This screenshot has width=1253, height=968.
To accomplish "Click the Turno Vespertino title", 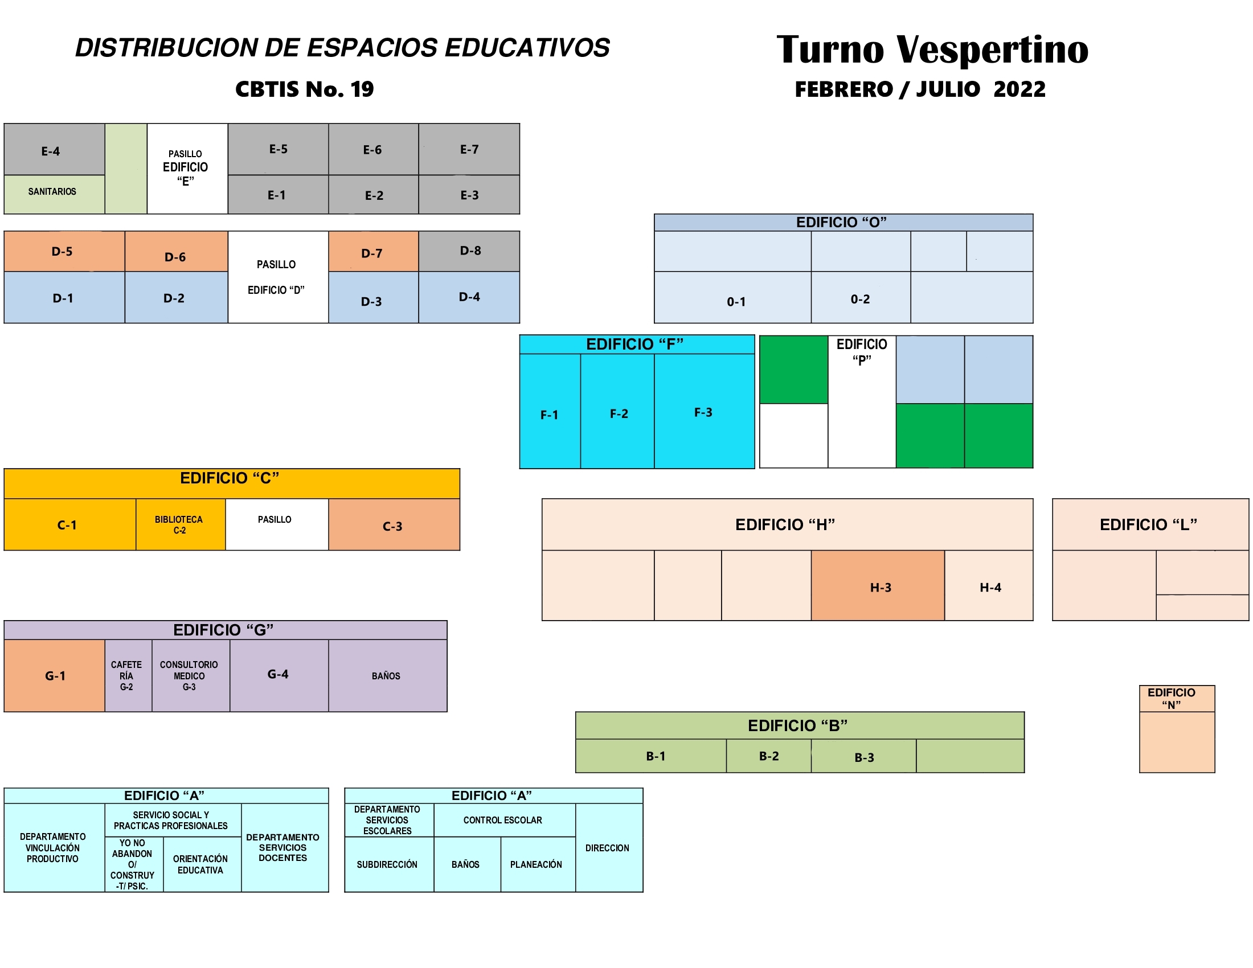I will tap(932, 50).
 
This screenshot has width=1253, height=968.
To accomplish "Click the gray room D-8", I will tap(469, 251).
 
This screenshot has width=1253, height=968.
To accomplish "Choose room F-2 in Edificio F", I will tap(618, 413).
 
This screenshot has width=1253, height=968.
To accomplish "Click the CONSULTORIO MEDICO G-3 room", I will tap(190, 675).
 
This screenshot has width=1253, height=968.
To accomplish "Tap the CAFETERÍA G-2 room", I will tap(128, 675).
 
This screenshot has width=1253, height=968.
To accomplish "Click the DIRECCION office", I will tap(608, 848).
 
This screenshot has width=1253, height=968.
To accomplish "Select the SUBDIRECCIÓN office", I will tap(388, 864).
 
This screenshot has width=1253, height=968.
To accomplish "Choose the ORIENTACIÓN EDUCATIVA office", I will tap(201, 864).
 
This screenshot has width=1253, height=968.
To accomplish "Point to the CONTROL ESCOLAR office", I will tap(503, 820).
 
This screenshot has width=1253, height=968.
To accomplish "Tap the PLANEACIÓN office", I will tap(537, 864).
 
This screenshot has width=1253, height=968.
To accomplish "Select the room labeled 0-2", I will tap(860, 298).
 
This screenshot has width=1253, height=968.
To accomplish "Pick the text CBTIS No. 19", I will tap(305, 89).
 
